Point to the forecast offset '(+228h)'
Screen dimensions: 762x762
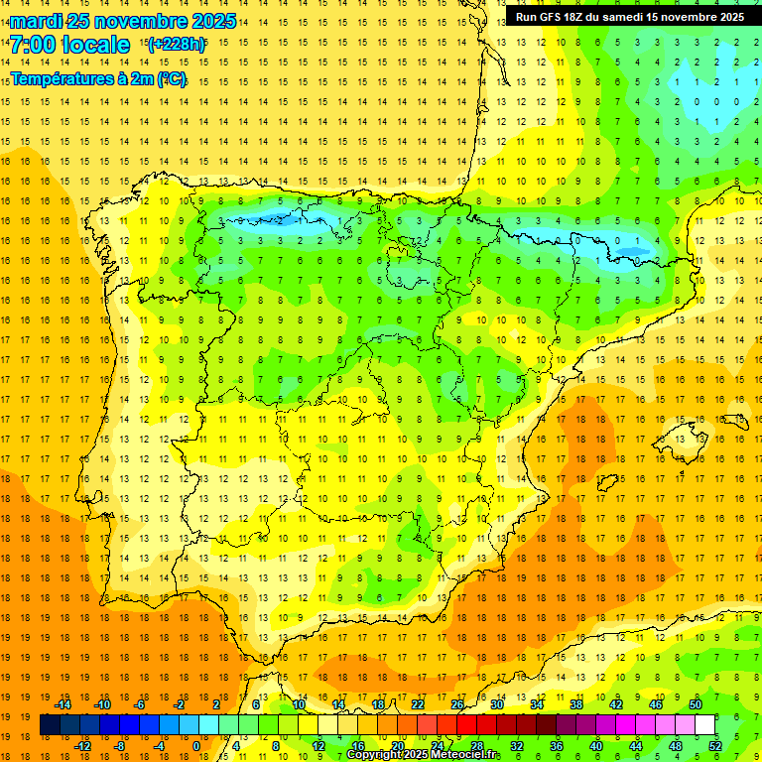177,45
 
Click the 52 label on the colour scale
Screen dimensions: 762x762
714,745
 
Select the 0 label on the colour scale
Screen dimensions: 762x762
196,745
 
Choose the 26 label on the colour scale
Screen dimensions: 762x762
456,704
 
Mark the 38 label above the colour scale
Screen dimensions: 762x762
575,704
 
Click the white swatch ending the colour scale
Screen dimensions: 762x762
704,725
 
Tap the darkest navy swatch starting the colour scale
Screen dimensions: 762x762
51,725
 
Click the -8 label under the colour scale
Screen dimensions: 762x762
120,745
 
